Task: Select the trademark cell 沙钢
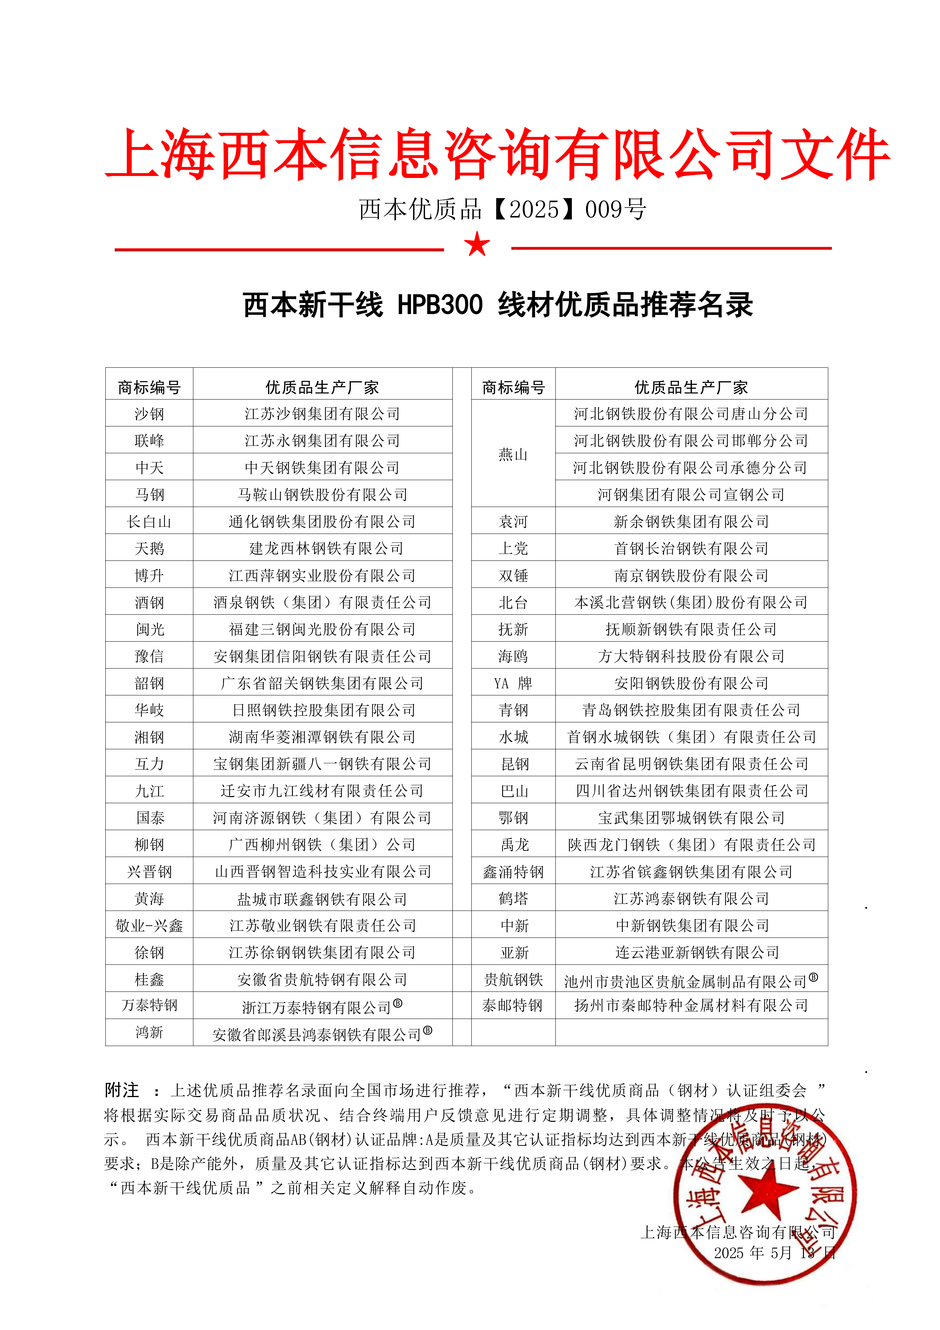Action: pyautogui.click(x=150, y=414)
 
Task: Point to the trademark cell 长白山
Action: pyautogui.click(x=150, y=521)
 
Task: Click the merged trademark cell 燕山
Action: pyautogui.click(x=513, y=454)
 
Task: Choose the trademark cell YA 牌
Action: pyautogui.click(x=513, y=684)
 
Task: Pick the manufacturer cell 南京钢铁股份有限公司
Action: pyautogui.click(x=691, y=575)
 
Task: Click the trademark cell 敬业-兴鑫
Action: pyautogui.click(x=150, y=926)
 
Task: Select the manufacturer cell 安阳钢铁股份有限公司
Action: pyautogui.click(x=691, y=684)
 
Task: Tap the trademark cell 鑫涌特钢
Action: pyautogui.click(x=513, y=872)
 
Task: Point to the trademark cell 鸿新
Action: pyautogui.click(x=150, y=1032)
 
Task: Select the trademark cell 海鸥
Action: pyautogui.click(x=513, y=656)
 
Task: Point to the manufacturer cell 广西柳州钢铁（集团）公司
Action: pyautogui.click(x=322, y=844)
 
